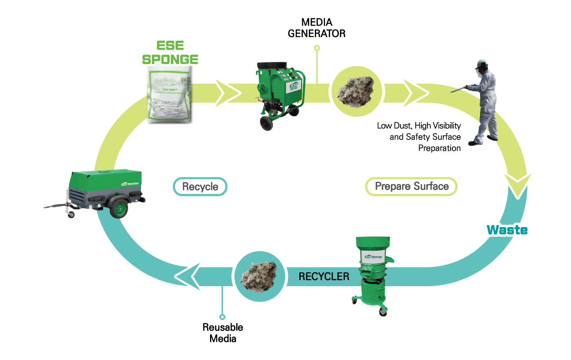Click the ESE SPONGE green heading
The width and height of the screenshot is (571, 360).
tap(170, 53)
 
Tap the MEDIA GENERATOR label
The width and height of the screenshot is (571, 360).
tap(316, 28)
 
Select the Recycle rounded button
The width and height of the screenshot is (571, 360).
tap(200, 187)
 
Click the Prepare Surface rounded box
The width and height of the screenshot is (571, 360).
tap(411, 187)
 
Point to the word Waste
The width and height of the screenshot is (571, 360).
tap(507, 230)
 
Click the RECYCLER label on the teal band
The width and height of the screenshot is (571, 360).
tap(324, 276)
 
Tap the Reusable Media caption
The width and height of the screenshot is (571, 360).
tap(223, 333)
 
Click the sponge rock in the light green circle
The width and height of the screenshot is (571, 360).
tap(356, 91)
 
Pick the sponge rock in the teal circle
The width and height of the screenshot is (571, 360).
tap(259, 276)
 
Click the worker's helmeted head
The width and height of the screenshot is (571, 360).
tap(482, 66)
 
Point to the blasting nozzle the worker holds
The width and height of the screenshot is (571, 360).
tap(459, 88)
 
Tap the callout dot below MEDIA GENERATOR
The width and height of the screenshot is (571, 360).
tap(317, 48)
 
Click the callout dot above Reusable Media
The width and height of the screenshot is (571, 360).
tap(222, 317)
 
